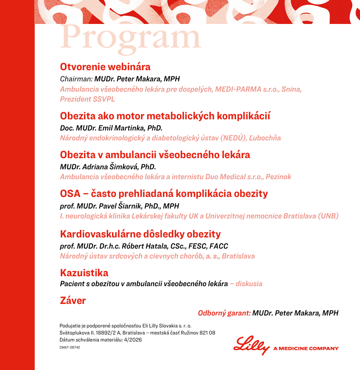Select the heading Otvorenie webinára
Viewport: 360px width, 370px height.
tap(105, 67)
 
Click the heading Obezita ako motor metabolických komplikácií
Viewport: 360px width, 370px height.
tap(165, 116)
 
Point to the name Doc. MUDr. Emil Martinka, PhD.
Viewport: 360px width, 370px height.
tap(111, 128)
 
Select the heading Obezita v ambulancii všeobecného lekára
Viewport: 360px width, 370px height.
tap(155, 155)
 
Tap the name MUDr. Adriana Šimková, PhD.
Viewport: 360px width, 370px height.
tap(107, 167)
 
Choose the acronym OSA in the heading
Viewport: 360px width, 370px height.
tap(70, 194)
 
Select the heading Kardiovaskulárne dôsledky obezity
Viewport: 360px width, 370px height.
tap(141, 235)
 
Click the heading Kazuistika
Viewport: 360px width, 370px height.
tap(84, 273)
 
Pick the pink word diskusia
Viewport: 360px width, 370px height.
tap(249, 284)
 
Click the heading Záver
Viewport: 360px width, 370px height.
tap(73, 301)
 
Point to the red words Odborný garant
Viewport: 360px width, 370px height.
tap(224, 313)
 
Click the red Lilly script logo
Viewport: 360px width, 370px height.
tap(252, 345)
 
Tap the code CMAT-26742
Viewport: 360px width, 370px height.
tap(70, 347)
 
